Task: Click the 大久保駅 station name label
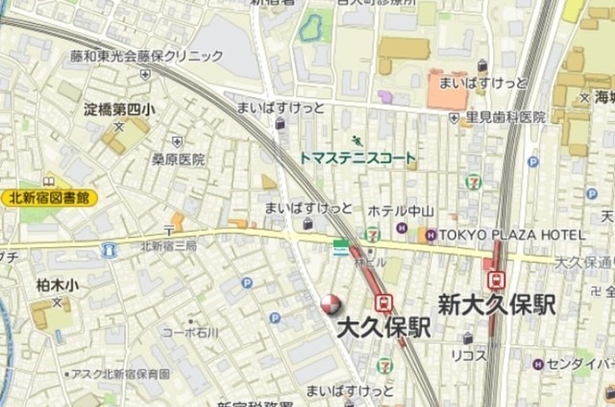tap(383, 328)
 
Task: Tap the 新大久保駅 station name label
tap(497, 305)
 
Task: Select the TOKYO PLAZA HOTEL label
tap(511, 235)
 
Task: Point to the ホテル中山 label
tap(402, 211)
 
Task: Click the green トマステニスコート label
tap(357, 158)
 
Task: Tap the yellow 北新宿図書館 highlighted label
tap(49, 197)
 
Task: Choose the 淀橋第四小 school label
tap(119, 109)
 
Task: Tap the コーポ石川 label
tap(189, 332)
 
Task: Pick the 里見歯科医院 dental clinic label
tap(505, 117)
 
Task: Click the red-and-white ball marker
tap(330, 305)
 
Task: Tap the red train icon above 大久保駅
tap(383, 302)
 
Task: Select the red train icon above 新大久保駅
tap(497, 279)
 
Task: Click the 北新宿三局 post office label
tap(168, 245)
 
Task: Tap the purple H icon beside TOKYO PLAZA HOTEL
tap(431, 235)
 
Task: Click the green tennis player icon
tap(357, 140)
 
